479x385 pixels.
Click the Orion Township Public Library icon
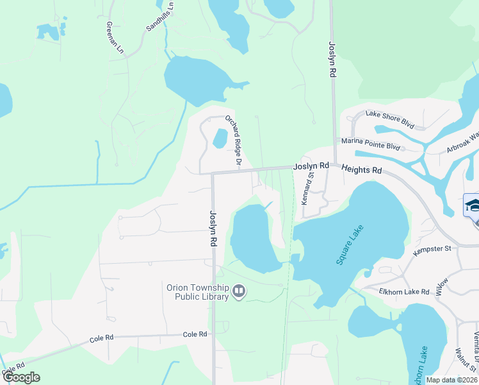click(239, 292)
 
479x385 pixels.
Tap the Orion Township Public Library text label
click(198, 292)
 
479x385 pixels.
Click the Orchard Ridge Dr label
click(233, 141)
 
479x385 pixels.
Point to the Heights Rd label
click(361, 170)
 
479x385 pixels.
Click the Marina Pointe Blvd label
click(370, 146)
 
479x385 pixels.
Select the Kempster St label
click(432, 248)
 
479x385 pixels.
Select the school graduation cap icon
click(473, 205)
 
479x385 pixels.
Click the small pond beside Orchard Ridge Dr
click(220, 138)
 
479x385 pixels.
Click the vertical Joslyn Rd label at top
click(332, 60)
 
